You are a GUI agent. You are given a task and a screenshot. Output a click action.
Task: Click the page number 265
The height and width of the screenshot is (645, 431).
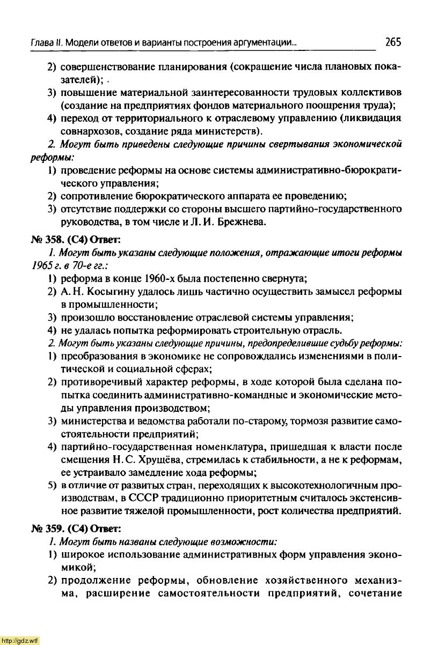pos(393,42)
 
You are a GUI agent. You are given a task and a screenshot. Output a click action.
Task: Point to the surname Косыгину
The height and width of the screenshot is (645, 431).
pos(109,291)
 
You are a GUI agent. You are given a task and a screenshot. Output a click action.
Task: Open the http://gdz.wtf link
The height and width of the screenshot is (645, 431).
pos(20,640)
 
